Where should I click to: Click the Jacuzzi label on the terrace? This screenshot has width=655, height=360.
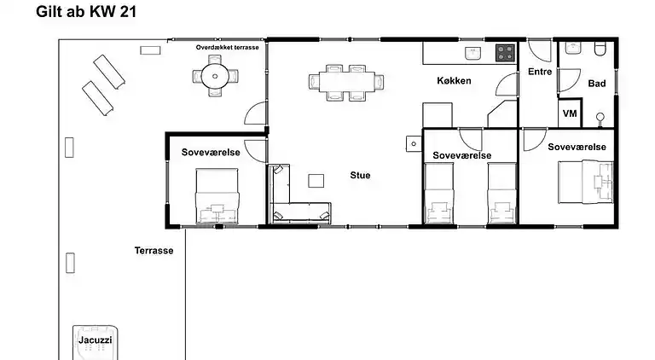(x=96, y=340)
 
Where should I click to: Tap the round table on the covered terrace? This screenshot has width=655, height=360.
(x=215, y=77)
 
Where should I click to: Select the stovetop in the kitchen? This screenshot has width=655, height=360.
(x=505, y=53)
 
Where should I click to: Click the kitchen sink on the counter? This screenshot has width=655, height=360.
(x=473, y=54)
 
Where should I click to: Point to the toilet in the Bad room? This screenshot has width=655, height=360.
(x=600, y=49)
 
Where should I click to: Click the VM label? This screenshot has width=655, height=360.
(x=570, y=113)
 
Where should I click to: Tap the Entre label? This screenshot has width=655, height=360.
(x=540, y=72)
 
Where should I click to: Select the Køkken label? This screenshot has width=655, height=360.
(x=454, y=80)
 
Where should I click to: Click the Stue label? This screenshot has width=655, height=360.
(x=360, y=176)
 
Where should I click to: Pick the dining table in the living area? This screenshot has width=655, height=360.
(x=347, y=82)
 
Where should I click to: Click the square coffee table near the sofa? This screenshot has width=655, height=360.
(x=316, y=181)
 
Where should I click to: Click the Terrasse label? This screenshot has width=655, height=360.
(x=154, y=251)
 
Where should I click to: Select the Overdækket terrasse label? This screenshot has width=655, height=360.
(x=227, y=48)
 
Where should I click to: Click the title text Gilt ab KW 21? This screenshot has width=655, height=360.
(x=86, y=12)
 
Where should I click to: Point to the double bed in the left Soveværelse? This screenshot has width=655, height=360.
(x=217, y=195)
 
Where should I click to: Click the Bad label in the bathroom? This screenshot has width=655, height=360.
(x=596, y=84)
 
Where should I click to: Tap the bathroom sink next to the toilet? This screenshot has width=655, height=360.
(x=573, y=48)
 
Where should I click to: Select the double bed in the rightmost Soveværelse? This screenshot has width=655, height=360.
(x=586, y=182)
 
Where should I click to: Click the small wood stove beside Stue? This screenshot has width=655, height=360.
(x=414, y=144)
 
